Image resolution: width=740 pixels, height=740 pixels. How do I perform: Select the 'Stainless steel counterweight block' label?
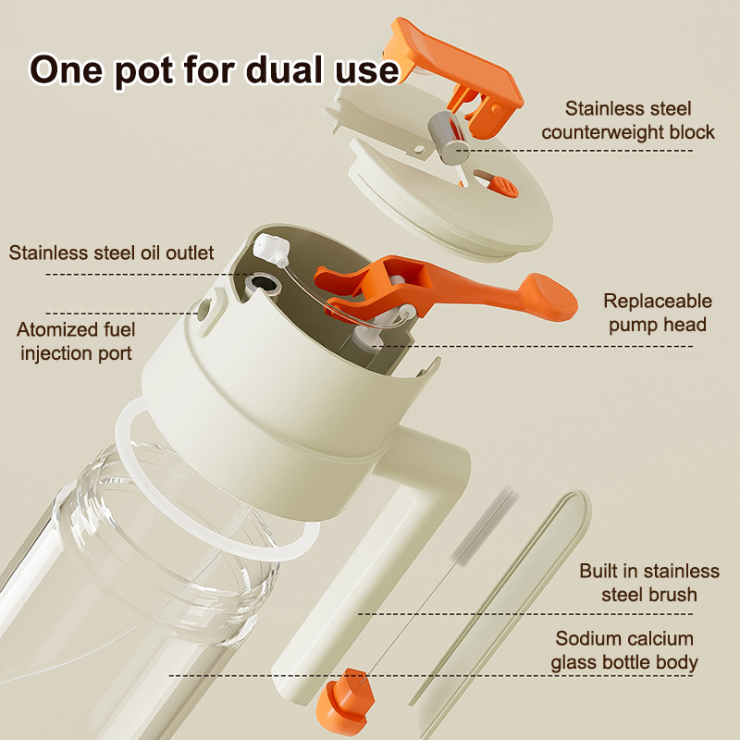pos(628,120)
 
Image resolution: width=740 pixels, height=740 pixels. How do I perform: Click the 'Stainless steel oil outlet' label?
pos(111,253)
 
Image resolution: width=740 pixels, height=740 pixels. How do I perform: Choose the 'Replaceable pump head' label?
pos(658,313)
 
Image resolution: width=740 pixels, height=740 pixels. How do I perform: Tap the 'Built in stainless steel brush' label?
pos(649,583)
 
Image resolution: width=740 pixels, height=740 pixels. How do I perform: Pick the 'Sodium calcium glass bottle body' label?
pos(623,650)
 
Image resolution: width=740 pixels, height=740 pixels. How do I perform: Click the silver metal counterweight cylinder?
pos(447,138)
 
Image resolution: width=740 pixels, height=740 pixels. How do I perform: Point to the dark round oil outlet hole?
pos(263,284)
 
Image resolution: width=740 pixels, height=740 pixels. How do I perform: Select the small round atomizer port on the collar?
pos(204,309)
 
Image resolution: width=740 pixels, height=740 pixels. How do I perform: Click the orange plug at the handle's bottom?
pos(346,698)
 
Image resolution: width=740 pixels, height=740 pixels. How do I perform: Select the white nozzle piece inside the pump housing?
pos(272,250)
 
